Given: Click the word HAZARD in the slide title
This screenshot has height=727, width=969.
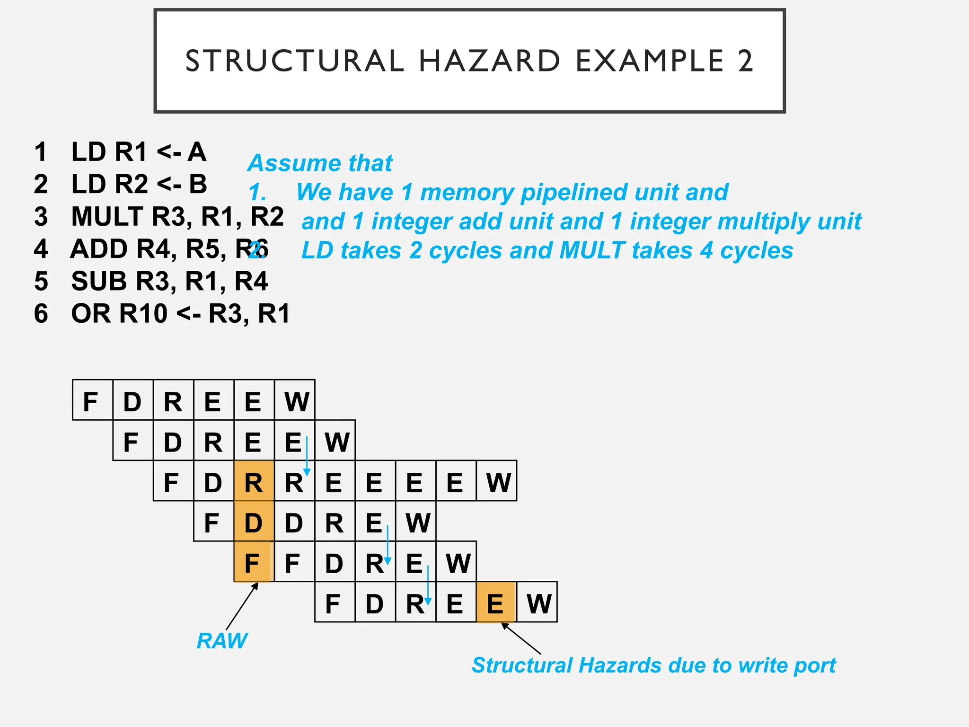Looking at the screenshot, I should [x=489, y=61].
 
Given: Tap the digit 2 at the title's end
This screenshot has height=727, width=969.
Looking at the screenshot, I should [x=745, y=61].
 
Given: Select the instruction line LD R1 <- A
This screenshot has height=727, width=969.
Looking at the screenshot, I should [x=139, y=152].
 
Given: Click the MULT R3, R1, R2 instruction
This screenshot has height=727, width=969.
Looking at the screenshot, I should [x=177, y=217].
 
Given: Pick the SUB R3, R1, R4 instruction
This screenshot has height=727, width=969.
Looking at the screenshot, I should [x=169, y=281].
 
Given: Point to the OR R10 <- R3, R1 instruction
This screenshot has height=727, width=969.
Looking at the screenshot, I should [x=180, y=313].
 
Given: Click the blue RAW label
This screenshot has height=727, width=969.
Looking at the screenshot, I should [x=221, y=641].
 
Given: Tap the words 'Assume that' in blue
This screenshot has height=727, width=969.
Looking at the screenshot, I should [x=320, y=163].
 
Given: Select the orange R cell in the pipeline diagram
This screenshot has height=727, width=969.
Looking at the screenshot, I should [x=254, y=483].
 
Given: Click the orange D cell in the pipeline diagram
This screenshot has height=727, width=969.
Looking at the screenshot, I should [x=254, y=523].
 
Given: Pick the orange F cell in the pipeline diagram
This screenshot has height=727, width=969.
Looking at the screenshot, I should [x=252, y=563].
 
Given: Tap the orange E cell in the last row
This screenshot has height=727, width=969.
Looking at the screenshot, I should [x=495, y=604].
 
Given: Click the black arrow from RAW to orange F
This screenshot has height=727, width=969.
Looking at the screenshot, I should [x=242, y=606].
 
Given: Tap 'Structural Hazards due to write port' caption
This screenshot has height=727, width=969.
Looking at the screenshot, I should [x=653, y=665].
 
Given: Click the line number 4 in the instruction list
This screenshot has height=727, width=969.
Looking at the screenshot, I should [x=41, y=249].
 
